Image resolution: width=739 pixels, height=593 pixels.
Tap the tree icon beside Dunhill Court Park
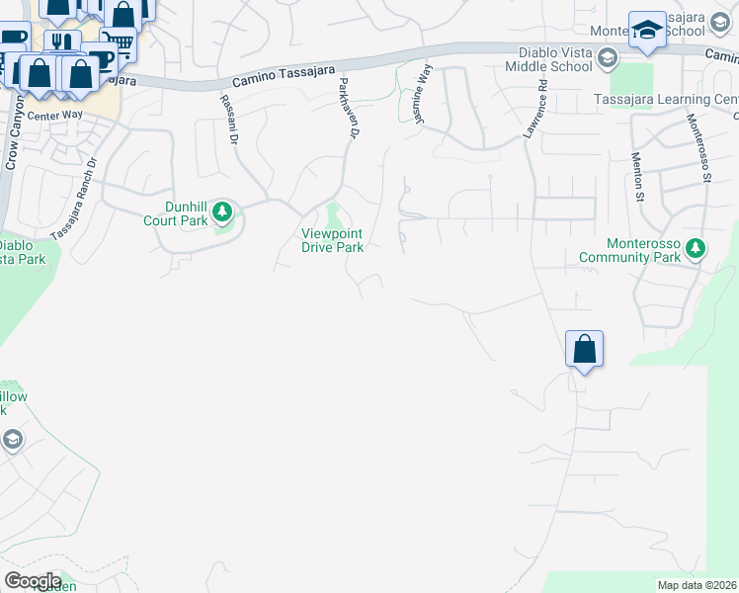coord(224,211)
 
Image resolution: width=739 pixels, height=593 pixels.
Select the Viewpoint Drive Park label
coord(332,240)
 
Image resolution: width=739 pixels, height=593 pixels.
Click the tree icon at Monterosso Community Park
coord(696,247)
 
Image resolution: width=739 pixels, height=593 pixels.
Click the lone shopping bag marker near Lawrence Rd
coord(584,350)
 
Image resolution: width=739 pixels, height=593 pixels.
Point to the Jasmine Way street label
coord(422,95)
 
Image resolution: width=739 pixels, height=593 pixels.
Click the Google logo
coord(32,581)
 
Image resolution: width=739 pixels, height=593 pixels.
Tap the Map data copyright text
coord(698,585)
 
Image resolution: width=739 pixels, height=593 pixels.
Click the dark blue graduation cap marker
coord(647,32)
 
